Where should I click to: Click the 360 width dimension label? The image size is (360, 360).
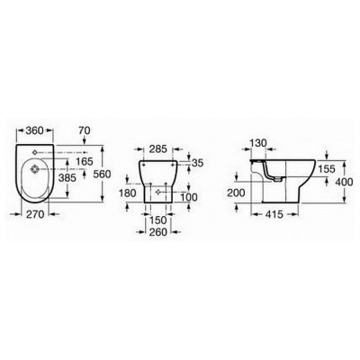pyautogui.click(x=35, y=130)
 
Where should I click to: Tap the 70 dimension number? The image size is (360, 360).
pyautogui.click(x=85, y=130)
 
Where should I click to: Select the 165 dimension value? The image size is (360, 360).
pyautogui.click(x=85, y=162)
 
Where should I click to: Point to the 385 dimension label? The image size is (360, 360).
pyautogui.click(x=67, y=178)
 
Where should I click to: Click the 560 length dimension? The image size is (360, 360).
pyautogui.click(x=103, y=174)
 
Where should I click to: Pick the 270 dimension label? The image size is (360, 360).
pyautogui.click(x=35, y=214)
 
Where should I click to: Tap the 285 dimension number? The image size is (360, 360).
pyautogui.click(x=158, y=149)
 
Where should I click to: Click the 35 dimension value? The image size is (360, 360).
pyautogui.click(x=197, y=163)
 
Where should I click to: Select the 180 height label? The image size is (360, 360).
pyautogui.click(x=128, y=193)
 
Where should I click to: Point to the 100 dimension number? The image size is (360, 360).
pyautogui.click(x=189, y=197)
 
